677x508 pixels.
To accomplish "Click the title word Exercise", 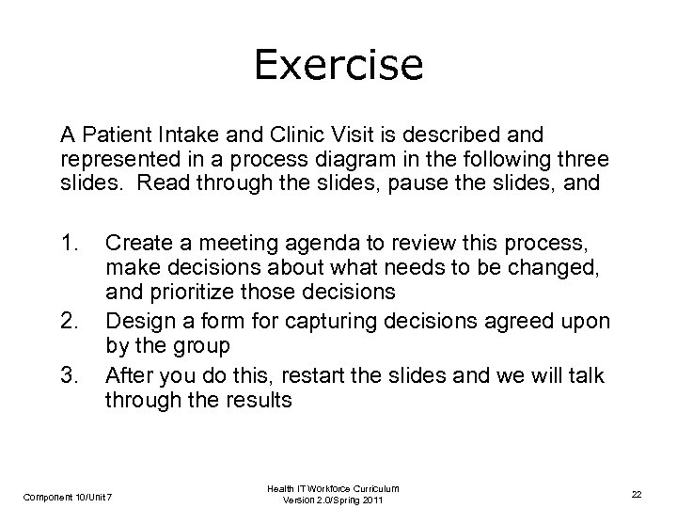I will pos(338,66).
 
